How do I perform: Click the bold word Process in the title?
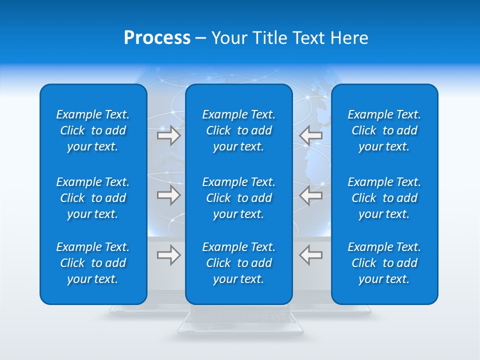[157, 38]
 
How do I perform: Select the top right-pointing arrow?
[169, 135]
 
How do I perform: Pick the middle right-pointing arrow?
[169, 195]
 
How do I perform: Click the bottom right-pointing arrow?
[169, 255]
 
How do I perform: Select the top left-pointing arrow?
[311, 135]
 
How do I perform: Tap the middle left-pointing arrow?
[311, 195]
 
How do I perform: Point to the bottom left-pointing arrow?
[311, 255]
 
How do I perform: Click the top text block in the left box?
[93, 130]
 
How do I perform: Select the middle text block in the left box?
[93, 198]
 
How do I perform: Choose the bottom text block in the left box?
[93, 263]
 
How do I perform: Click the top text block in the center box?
[238, 130]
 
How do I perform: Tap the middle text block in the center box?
[238, 198]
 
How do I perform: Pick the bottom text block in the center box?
[238, 263]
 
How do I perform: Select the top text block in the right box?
[384, 130]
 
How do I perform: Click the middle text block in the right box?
[384, 198]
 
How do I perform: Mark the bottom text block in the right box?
[384, 263]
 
